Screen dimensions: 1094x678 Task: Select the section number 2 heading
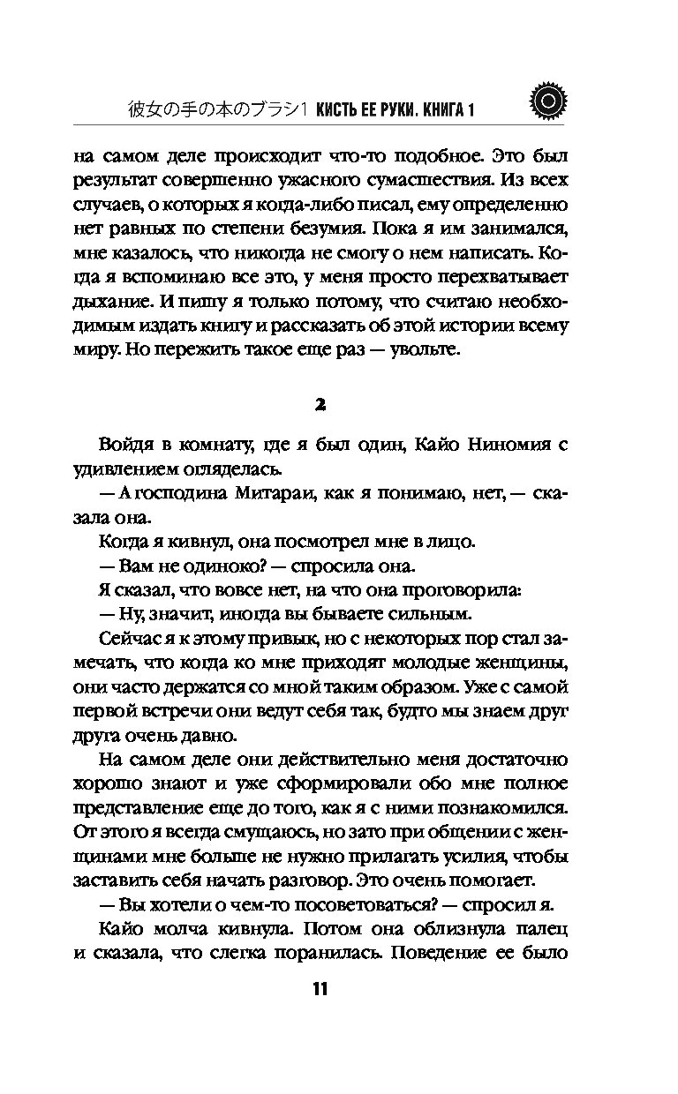click(x=320, y=403)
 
